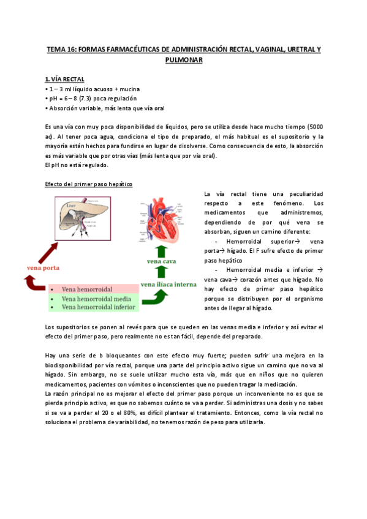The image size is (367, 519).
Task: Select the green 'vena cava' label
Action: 162,261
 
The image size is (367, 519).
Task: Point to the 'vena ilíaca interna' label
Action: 168,284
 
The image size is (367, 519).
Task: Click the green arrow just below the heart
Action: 161,249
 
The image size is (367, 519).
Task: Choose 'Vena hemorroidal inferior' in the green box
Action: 99,307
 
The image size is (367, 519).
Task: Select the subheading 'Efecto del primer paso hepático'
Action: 89,184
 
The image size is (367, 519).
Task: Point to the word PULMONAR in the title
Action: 184,60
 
